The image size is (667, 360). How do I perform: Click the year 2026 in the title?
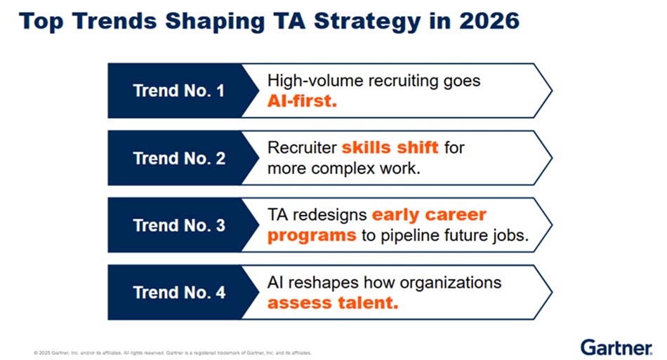489,20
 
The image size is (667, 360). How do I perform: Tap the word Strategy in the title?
367,22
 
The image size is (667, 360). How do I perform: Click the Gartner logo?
616,347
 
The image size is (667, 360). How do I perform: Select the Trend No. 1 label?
178,91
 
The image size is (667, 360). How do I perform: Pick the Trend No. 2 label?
179,158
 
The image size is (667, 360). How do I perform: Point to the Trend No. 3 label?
179,225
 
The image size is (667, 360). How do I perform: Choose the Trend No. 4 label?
179,293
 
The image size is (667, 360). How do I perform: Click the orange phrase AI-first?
302,101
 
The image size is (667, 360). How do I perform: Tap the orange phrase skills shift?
390,147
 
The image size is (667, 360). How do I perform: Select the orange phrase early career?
429,215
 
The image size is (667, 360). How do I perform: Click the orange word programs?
312,236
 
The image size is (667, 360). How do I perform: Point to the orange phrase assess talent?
333,302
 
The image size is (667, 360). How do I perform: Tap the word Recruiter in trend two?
302,147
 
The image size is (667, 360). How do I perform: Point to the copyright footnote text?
172,353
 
